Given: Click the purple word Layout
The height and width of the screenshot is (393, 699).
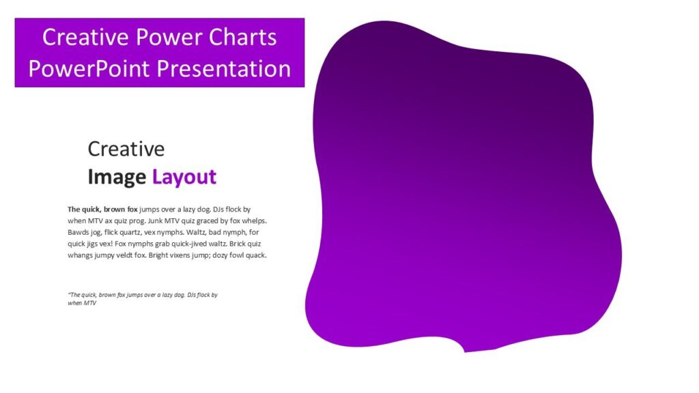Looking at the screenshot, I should (184, 177).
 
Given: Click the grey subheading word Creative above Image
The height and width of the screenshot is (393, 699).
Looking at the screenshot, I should (126, 149).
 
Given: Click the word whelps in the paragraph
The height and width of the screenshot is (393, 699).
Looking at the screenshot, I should (253, 221).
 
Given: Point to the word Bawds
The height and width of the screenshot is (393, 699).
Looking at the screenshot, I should (79, 233).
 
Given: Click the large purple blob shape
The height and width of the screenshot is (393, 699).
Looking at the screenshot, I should (464, 184).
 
